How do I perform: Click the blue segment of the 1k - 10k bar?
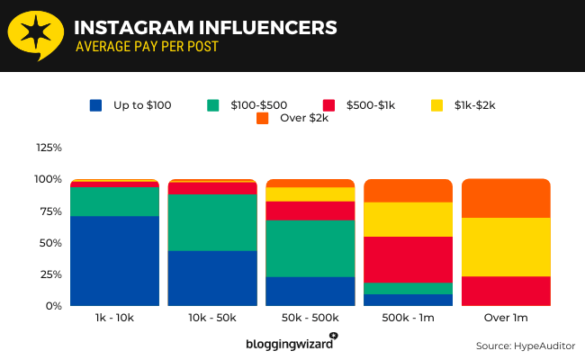114,261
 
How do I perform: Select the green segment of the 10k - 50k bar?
212,222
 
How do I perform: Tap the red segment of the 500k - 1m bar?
408,259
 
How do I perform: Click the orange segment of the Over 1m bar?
506,198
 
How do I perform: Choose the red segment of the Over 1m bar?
506,291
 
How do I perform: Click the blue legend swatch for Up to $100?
96,105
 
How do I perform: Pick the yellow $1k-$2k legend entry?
464,105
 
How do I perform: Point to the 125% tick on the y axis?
49,148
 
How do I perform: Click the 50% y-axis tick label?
51,243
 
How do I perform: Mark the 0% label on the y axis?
54,306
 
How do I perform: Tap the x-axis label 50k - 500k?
310,319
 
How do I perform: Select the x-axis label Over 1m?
506,319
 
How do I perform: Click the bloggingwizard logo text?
290,344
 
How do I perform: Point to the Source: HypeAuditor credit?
526,346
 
